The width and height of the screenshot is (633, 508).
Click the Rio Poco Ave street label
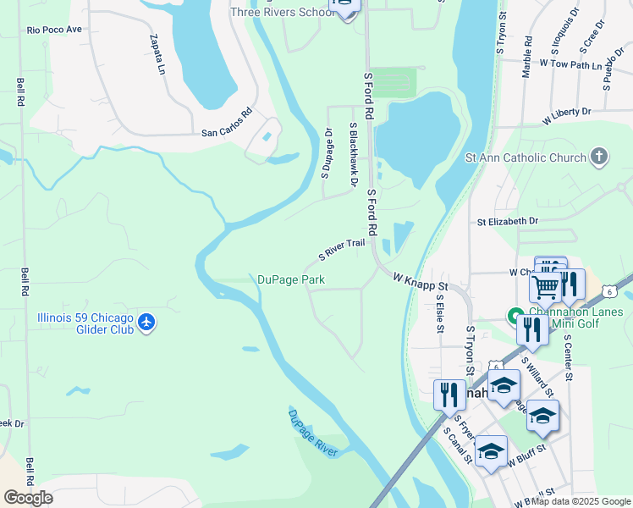click(x=54, y=29)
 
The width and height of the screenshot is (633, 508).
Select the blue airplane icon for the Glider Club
click(x=147, y=323)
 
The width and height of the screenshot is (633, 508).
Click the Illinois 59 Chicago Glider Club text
click(x=85, y=323)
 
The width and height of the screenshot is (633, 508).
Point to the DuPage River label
click(x=313, y=433)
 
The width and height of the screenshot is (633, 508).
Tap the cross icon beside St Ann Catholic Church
click(x=599, y=157)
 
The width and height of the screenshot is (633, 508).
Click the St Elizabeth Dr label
click(x=507, y=221)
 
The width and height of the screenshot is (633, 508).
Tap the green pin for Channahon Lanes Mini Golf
click(x=514, y=317)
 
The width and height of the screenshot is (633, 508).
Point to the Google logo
click(x=28, y=498)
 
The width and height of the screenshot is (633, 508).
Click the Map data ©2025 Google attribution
click(x=580, y=501)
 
